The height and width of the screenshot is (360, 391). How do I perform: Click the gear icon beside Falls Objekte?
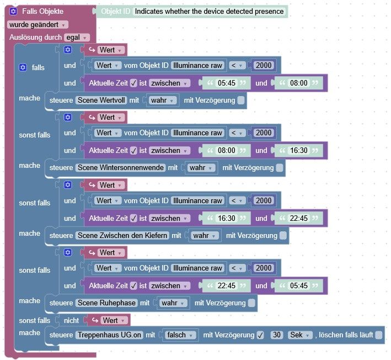[x=14, y=12]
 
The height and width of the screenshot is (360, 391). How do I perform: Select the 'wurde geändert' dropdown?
[x=38, y=24]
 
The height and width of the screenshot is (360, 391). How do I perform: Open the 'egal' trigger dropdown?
[x=77, y=37]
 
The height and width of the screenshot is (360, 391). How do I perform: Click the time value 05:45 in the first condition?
[x=226, y=83]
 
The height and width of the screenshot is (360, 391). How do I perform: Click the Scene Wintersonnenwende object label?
[x=120, y=168]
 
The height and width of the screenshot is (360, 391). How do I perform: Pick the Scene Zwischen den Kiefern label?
[x=122, y=236]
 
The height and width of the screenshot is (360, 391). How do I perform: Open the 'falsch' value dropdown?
[x=180, y=335]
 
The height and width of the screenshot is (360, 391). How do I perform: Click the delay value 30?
[x=277, y=335]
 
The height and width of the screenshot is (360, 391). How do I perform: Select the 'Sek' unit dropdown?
[x=301, y=335]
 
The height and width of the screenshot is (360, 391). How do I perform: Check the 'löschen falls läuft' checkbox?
[x=379, y=335]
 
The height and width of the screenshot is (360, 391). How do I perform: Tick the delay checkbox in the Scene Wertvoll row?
[x=241, y=100]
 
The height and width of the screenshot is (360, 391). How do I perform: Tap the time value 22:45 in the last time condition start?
[x=226, y=285]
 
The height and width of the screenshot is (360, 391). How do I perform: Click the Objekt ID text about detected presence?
[x=209, y=12]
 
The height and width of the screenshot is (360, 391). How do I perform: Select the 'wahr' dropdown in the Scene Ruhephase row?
[x=173, y=303]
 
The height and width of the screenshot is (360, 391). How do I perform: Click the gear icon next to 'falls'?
[x=23, y=67]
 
